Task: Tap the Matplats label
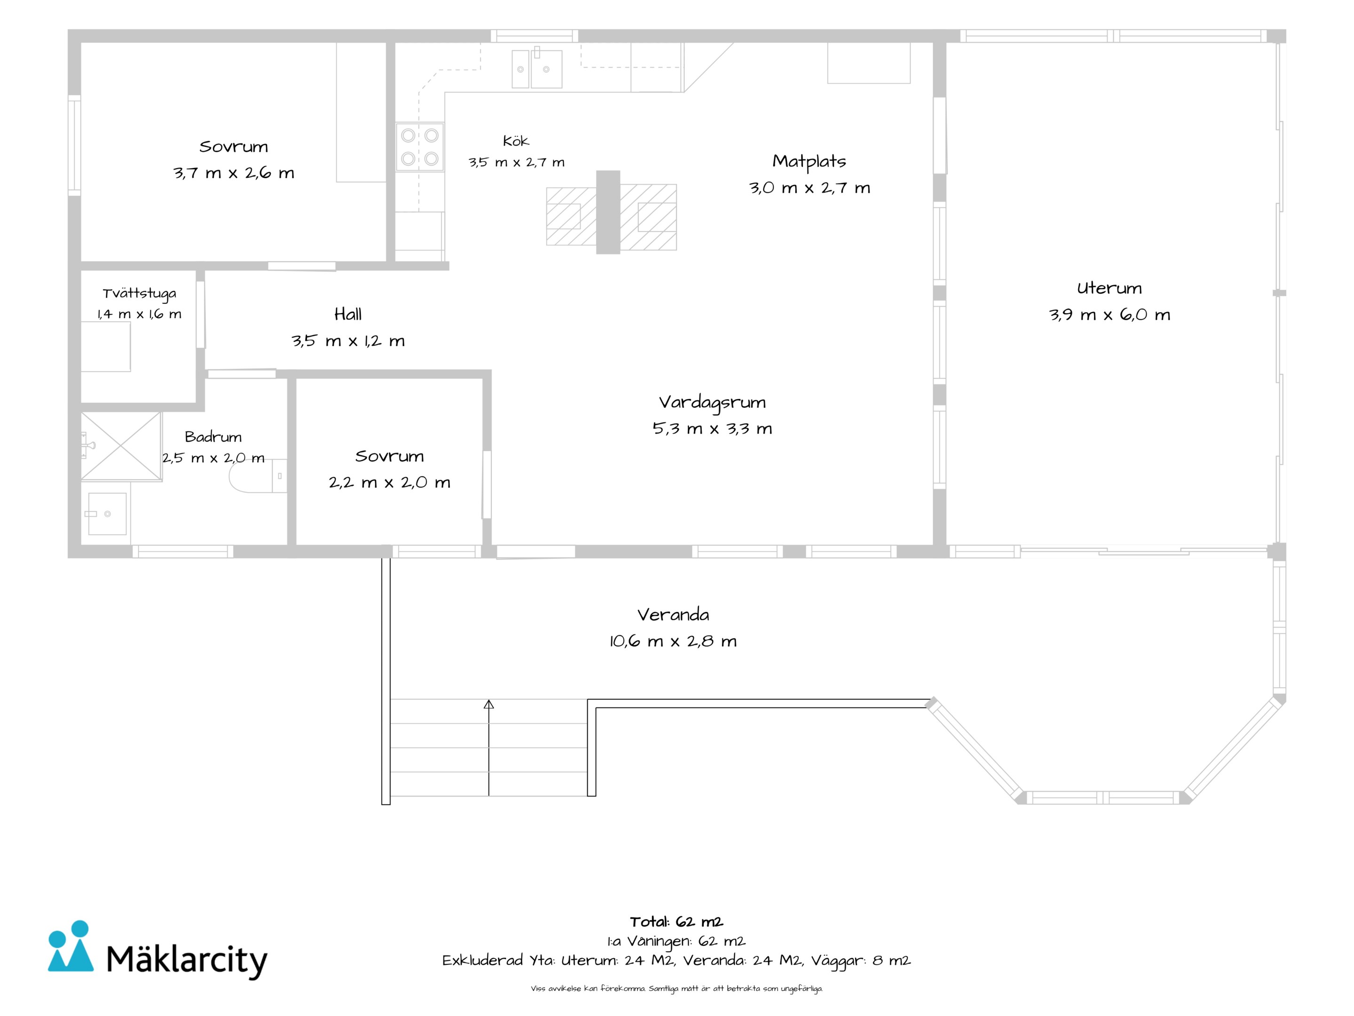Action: pyautogui.click(x=809, y=161)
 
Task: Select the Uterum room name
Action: pyautogui.click(x=1109, y=288)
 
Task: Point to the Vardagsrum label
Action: pyautogui.click(x=712, y=402)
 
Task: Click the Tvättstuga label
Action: pyautogui.click(x=140, y=294)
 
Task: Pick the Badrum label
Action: pyautogui.click(x=213, y=437)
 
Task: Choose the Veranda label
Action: pyautogui.click(x=673, y=614)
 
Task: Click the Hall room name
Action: pyautogui.click(x=348, y=314)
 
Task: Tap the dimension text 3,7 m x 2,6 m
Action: pyautogui.click(x=233, y=173)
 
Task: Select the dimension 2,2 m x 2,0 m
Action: pyautogui.click(x=389, y=483)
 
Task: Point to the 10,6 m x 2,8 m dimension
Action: pyautogui.click(x=673, y=641)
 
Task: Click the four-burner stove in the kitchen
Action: pyautogui.click(x=419, y=147)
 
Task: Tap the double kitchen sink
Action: pyautogui.click(x=537, y=69)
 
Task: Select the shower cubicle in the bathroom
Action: pyautogui.click(x=121, y=446)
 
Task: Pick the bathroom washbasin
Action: pyautogui.click(x=107, y=513)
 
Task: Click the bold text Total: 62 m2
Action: pyautogui.click(x=677, y=921)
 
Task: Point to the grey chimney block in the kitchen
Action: pyautogui.click(x=608, y=212)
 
